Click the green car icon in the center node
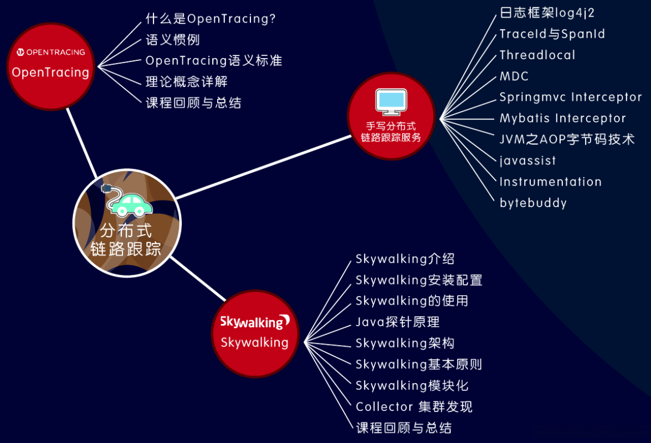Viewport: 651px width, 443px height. pyautogui.click(x=132, y=204)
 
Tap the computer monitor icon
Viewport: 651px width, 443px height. pyautogui.click(x=391, y=101)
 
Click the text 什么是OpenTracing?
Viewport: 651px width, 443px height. pyautogui.click(x=211, y=19)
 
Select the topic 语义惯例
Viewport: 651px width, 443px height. pyautogui.click(x=172, y=40)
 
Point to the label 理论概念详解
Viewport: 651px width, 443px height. pyautogui.click(x=186, y=82)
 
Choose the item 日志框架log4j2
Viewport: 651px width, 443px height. pyautogui.click(x=547, y=13)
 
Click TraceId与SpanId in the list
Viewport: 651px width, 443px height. pyautogui.click(x=552, y=34)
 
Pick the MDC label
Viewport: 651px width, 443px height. pyautogui.click(x=514, y=76)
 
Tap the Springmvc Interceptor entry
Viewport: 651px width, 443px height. pyautogui.click(x=571, y=97)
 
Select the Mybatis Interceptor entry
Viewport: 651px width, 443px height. pyautogui.click(x=562, y=118)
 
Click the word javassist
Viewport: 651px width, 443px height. pyautogui.click(x=527, y=161)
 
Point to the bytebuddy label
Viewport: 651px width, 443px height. pyautogui.click(x=533, y=203)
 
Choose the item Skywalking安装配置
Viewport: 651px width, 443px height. pyautogui.click(x=419, y=280)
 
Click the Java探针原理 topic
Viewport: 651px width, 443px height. pyautogui.click(x=397, y=322)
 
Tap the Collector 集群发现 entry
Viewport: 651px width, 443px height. pyautogui.click(x=414, y=407)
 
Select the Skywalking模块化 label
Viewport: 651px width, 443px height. pyautogui.click(x=412, y=385)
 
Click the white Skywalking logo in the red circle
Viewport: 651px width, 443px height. pyautogui.click(x=255, y=322)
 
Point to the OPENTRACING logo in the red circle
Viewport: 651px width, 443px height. pyautogui.click(x=50, y=52)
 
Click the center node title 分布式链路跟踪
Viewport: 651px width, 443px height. pyautogui.click(x=126, y=240)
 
